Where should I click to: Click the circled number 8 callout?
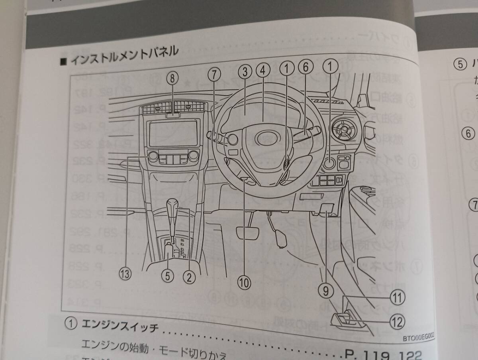pyautogui.click(x=172, y=78)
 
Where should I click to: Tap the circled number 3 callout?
pyautogui.click(x=245, y=72)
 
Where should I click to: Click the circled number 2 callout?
pyautogui.click(x=190, y=275)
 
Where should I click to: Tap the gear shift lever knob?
pyautogui.click(x=174, y=205)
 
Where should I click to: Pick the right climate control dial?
pyautogui.click(x=194, y=155)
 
